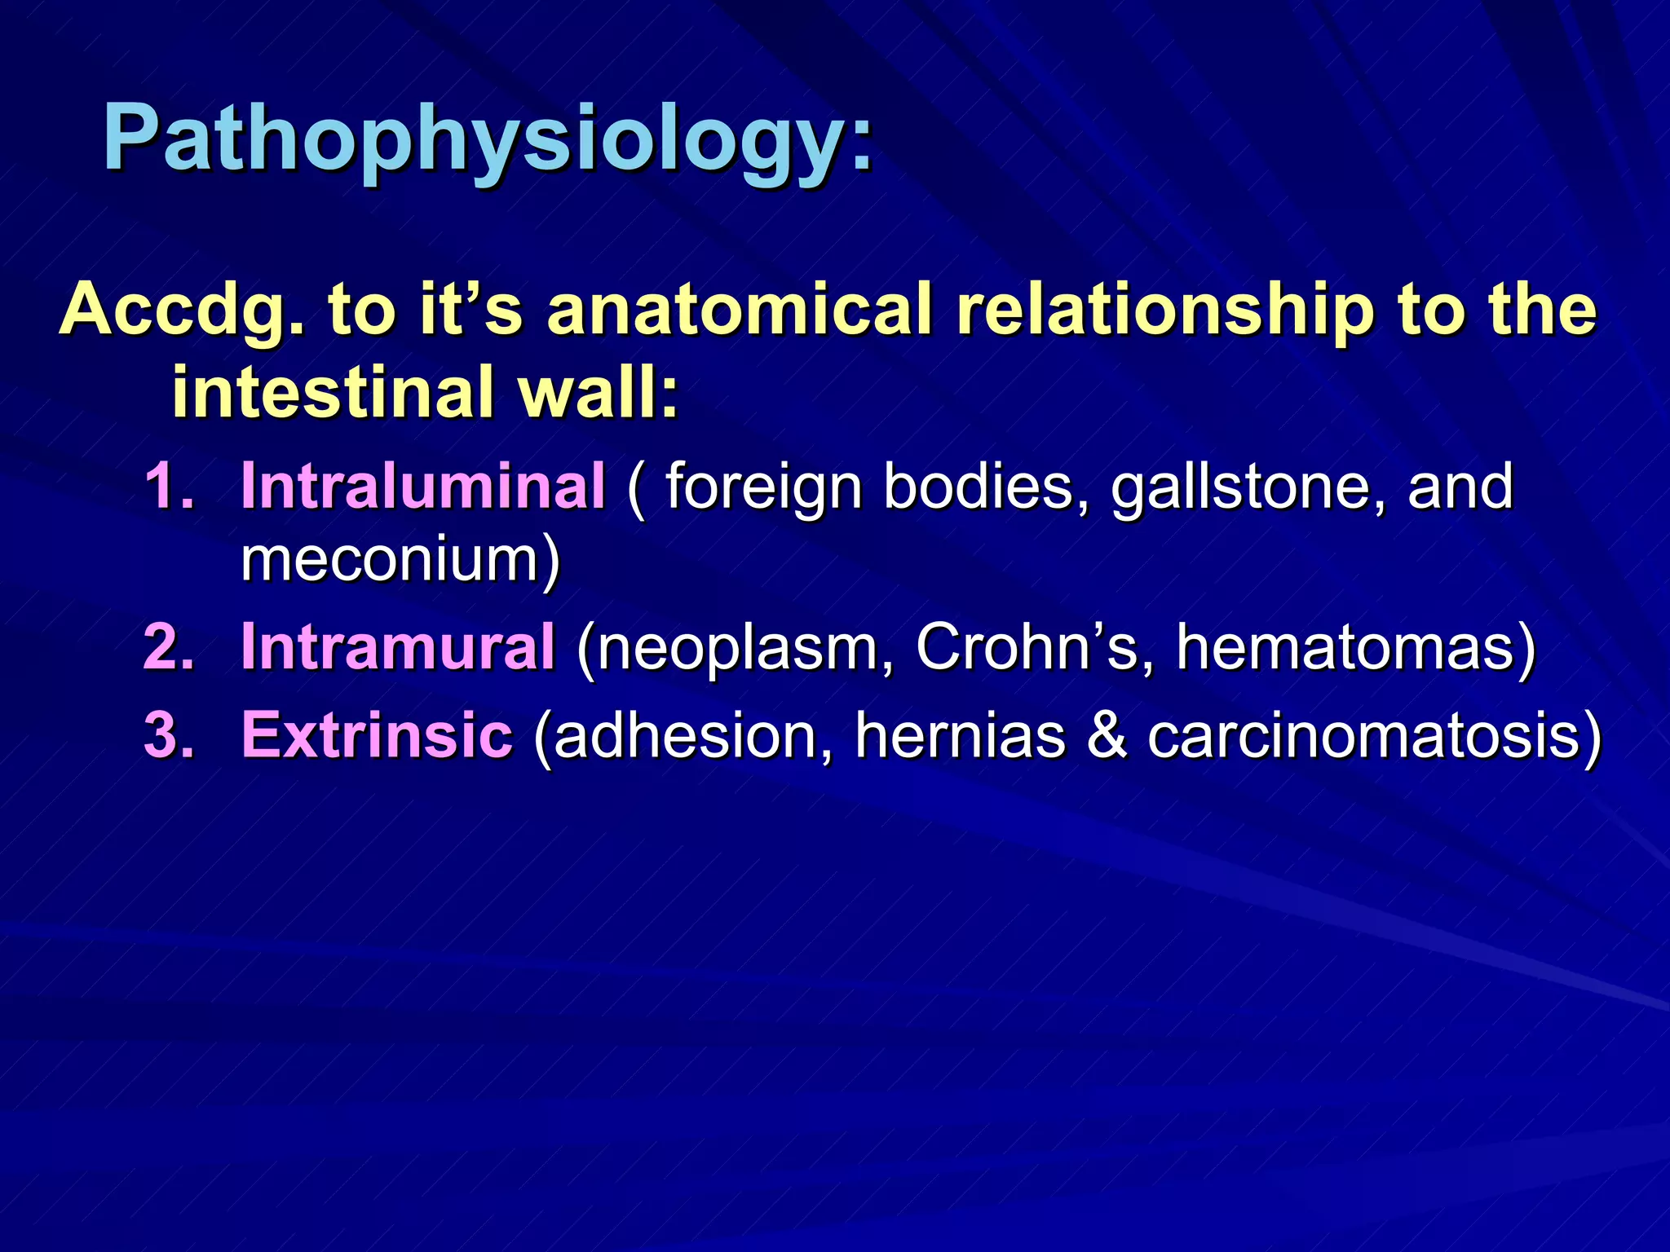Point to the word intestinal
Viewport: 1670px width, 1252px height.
coord(333,392)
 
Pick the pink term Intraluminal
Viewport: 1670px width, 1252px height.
coord(423,487)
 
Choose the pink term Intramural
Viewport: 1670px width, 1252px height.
coord(398,647)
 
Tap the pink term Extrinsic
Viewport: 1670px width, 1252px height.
coord(377,735)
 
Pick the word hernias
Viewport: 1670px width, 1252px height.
coord(960,735)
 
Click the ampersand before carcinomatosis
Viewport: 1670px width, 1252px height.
coord(1107,735)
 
